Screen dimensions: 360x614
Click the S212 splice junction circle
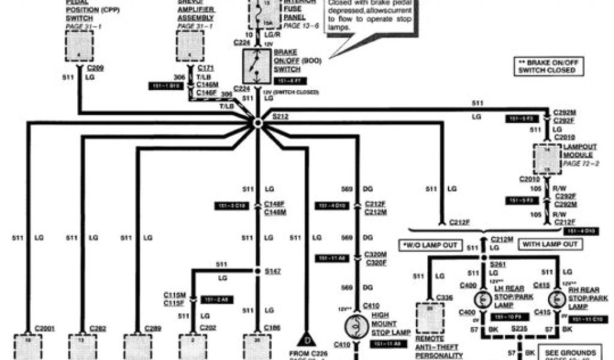click(257, 122)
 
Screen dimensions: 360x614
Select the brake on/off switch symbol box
click(256, 67)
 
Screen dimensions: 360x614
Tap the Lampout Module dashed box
click(547, 157)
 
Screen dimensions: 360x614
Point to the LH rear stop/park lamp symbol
click(481, 298)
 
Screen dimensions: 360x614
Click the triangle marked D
click(306, 340)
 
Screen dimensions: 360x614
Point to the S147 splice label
click(272, 272)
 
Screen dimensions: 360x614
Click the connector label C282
click(98, 328)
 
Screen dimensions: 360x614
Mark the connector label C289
click(153, 328)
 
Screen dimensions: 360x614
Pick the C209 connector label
click(96, 68)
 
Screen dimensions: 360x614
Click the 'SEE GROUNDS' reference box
click(568, 352)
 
